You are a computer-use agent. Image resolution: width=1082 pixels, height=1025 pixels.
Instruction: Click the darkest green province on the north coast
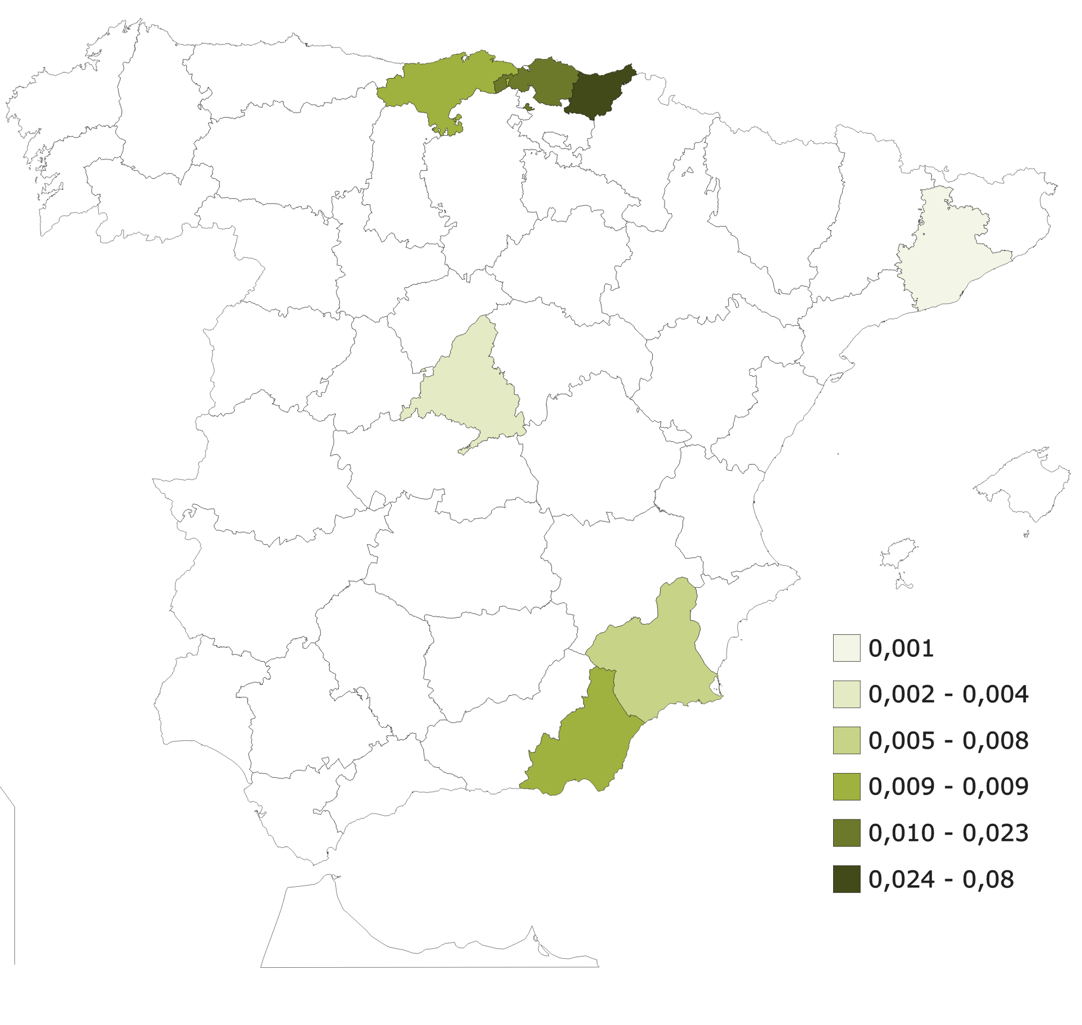(598, 92)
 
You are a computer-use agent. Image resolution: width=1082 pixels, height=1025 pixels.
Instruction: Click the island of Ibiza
(899, 554)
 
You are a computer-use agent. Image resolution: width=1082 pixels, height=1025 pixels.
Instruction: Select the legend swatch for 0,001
(846, 648)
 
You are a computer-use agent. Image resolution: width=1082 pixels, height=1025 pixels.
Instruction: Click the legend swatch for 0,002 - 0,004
(846, 694)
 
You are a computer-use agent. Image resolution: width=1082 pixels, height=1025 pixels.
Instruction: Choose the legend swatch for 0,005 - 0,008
(846, 740)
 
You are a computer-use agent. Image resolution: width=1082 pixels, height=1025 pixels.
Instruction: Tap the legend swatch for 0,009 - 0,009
(846, 786)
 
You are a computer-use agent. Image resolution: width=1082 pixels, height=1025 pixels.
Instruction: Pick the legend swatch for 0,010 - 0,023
(846, 833)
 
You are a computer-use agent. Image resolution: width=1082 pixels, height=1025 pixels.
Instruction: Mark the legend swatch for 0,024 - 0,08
(846, 879)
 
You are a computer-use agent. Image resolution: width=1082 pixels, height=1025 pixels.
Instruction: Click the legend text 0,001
(901, 649)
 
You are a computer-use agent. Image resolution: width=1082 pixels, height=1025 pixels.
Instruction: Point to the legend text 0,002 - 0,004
(948, 694)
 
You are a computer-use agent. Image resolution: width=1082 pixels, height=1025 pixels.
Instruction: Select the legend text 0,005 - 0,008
(948, 741)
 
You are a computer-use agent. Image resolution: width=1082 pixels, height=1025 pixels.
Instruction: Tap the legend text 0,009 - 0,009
(948, 787)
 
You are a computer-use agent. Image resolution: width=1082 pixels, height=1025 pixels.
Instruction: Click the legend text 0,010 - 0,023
(948, 833)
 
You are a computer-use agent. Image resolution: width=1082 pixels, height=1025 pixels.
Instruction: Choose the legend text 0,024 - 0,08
(941, 880)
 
